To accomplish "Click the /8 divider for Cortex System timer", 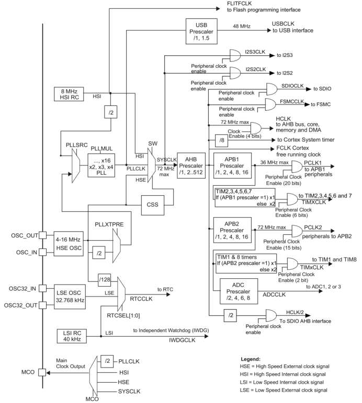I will (x=222, y=140).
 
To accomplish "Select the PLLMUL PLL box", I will (x=100, y=165).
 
